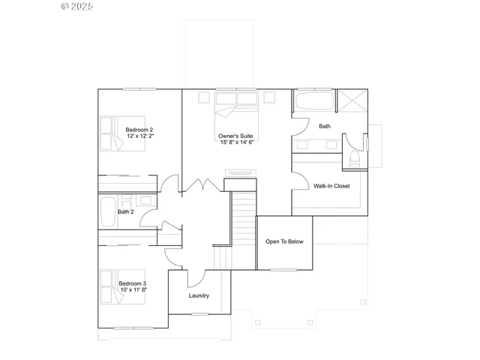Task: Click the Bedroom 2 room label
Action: tap(139, 130)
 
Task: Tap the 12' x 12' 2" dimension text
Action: tap(139, 136)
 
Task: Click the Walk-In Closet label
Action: tap(331, 185)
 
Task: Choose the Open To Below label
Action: tap(284, 241)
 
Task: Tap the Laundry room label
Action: tap(199, 295)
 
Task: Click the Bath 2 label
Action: tap(125, 211)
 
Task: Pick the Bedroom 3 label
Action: tap(133, 283)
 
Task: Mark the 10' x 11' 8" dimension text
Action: tap(133, 289)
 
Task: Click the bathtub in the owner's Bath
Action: tap(314, 102)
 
